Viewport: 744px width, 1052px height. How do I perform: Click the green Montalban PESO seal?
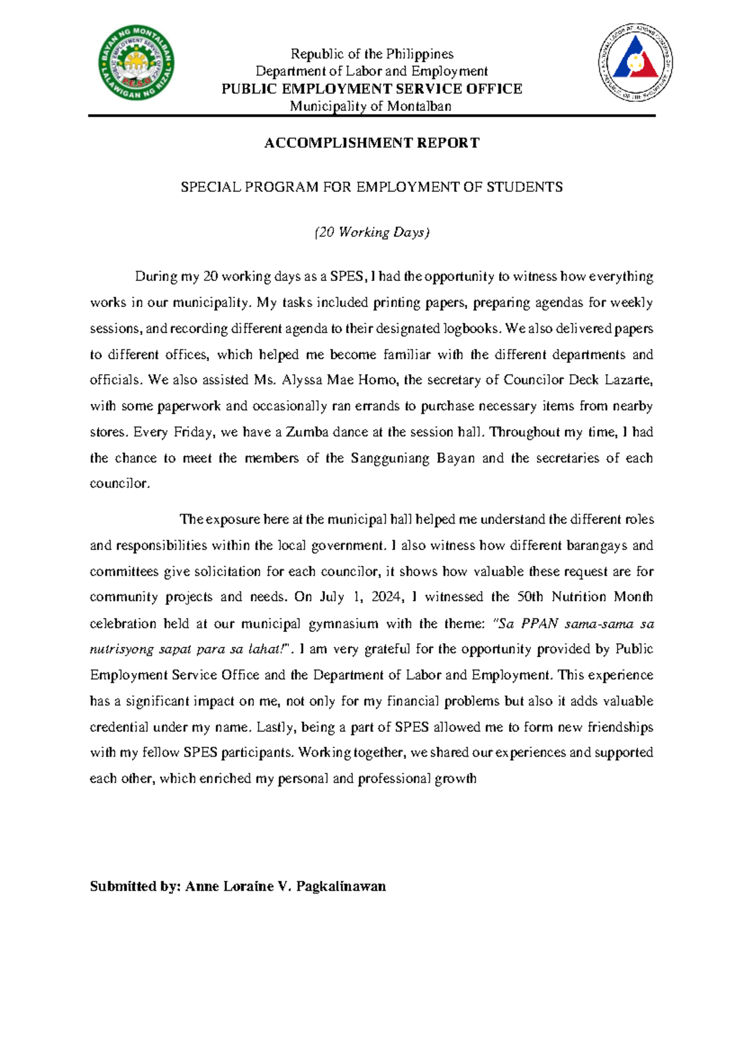136,63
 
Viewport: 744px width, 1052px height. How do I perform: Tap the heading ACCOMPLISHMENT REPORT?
371,143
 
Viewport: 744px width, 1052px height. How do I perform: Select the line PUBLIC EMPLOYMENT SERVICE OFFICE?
371,89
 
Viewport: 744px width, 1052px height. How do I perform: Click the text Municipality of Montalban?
371,106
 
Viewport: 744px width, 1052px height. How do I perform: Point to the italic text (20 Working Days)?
371,232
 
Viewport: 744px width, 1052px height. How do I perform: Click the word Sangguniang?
391,458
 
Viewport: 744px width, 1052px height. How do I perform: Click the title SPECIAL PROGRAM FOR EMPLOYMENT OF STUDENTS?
371,187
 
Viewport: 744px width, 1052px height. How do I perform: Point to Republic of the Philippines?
372,54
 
